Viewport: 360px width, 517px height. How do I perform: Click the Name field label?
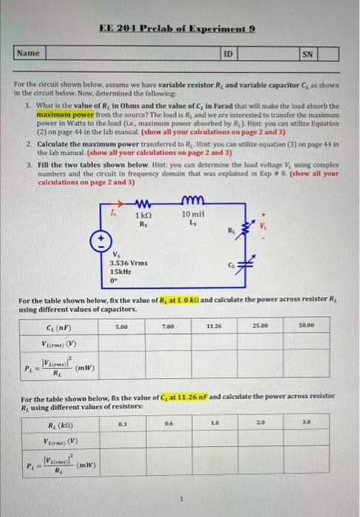tap(28, 53)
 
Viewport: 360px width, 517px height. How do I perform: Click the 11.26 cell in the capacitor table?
tap(214, 325)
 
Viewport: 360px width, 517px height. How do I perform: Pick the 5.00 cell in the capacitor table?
tap(123, 325)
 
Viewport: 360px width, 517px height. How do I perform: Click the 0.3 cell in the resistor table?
tap(123, 424)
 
